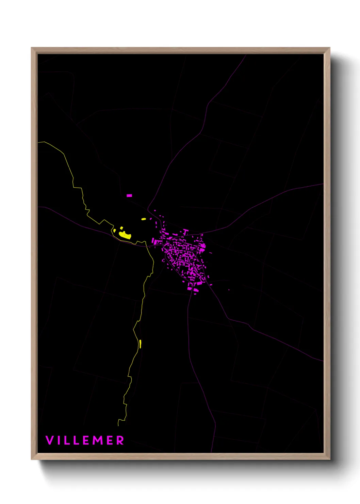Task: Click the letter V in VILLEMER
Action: click(49, 440)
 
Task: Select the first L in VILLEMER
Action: click(67, 440)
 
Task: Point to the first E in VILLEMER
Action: click(87, 440)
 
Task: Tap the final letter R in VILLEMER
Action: click(120, 440)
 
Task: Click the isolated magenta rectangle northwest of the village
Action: click(129, 195)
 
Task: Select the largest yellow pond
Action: click(125, 235)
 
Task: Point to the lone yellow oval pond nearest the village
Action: click(144, 219)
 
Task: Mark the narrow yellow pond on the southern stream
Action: click(140, 344)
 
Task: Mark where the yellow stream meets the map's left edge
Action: click(38, 142)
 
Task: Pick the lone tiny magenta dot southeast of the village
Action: click(229, 290)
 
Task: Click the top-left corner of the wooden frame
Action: click(32, 48)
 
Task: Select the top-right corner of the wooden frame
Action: click(329, 48)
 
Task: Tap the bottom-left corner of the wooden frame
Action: click(32, 459)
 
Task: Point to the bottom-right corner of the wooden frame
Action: click(329, 459)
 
